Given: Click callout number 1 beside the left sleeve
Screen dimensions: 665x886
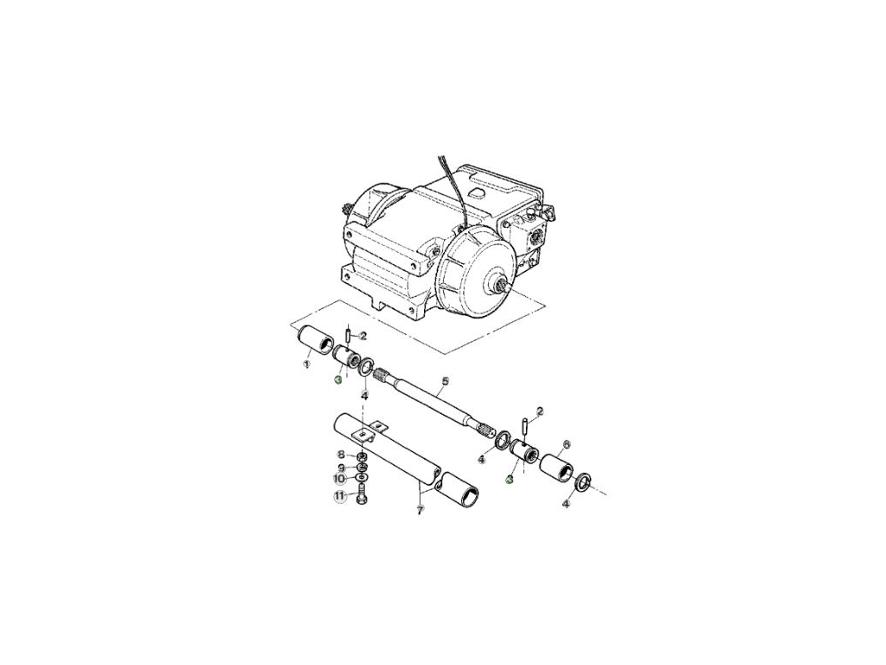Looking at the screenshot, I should (306, 365).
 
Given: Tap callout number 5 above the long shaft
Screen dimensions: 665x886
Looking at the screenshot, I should (446, 381).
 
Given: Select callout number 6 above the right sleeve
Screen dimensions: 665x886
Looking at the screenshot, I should (567, 444).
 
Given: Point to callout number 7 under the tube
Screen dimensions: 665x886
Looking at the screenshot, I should (421, 511).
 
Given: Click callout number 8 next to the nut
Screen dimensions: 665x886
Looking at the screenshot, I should (341, 455).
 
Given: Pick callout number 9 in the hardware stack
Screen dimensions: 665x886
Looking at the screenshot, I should (341, 467).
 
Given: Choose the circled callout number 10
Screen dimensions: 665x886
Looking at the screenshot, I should (340, 478).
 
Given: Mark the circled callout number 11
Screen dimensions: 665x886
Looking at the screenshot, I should (340, 497).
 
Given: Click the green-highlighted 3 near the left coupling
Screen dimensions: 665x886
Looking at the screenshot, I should (338, 379).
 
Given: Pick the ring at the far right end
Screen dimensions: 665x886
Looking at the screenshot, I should (584, 481).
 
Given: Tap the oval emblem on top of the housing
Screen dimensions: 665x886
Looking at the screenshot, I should (474, 186).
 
